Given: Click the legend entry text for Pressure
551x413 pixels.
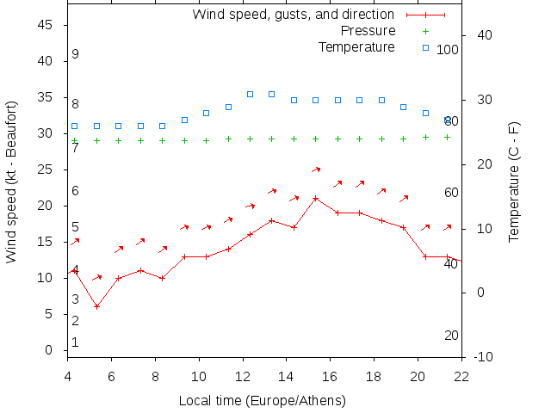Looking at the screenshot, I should click(368, 31).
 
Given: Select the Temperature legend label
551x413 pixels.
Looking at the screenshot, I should click(356, 46).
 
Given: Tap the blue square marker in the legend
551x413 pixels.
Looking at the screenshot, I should click(425, 46).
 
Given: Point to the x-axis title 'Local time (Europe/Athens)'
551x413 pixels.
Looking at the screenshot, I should click(262, 401).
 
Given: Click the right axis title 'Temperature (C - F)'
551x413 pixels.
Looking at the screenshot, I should click(514, 182).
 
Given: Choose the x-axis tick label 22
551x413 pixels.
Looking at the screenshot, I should click(461, 375).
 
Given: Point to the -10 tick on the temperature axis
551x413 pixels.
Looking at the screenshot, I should click(484, 357).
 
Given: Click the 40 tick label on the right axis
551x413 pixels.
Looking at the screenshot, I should click(484, 35).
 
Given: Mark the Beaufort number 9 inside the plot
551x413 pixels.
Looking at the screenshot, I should click(76, 54).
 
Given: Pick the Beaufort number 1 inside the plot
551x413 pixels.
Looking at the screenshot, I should click(76, 342).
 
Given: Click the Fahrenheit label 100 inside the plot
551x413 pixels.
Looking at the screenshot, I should click(448, 50).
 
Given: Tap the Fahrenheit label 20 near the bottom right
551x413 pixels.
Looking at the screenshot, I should click(451, 336).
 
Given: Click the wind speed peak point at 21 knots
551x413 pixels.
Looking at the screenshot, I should click(316, 199).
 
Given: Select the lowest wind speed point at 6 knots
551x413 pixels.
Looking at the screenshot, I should click(97, 306).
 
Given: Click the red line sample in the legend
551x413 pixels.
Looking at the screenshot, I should click(425, 15).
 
